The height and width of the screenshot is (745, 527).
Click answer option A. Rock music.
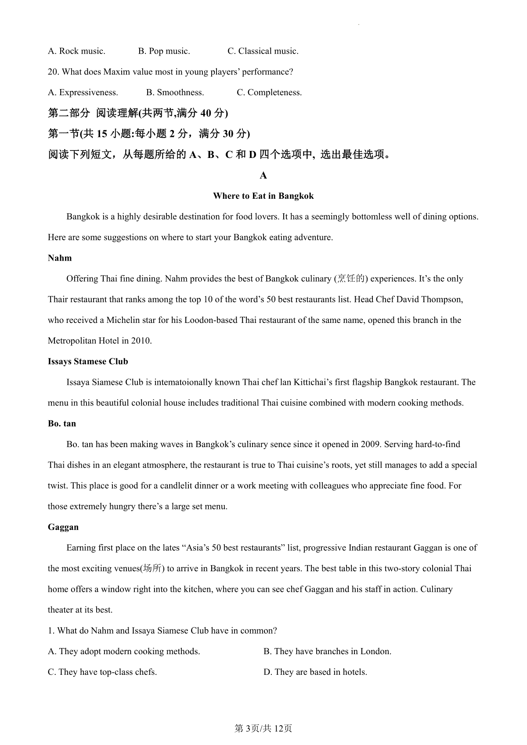[76, 51]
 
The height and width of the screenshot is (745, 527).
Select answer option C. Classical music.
[263, 51]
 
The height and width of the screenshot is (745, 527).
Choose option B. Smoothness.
[175, 93]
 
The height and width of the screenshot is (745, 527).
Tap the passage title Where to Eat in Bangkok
[263, 196]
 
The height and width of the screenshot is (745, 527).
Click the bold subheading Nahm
[60, 258]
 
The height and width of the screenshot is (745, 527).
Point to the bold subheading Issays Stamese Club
[88, 362]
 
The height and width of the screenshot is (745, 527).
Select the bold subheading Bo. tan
[62, 424]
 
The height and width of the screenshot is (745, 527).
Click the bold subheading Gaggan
[63, 527]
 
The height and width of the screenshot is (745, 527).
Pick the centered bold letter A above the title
[263, 176]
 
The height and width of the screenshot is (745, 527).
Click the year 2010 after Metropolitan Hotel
[141, 341]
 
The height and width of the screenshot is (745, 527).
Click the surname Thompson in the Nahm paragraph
[442, 300]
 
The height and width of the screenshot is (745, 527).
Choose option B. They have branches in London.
[327, 652]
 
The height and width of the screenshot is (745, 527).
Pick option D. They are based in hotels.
[315, 672]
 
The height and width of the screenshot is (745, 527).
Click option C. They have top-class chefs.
[102, 672]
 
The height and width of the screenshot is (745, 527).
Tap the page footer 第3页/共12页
[263, 729]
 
